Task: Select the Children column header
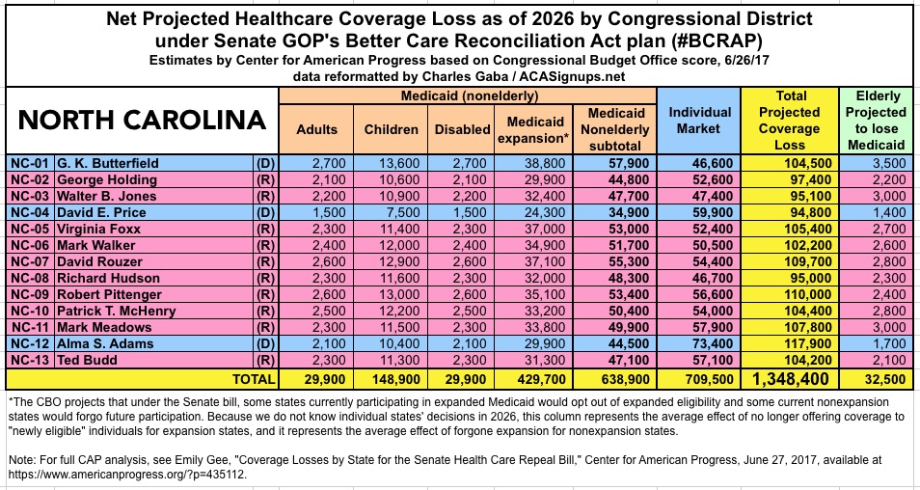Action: tap(392, 129)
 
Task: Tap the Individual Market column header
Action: tap(699, 121)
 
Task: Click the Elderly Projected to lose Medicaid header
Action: tap(877, 121)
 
